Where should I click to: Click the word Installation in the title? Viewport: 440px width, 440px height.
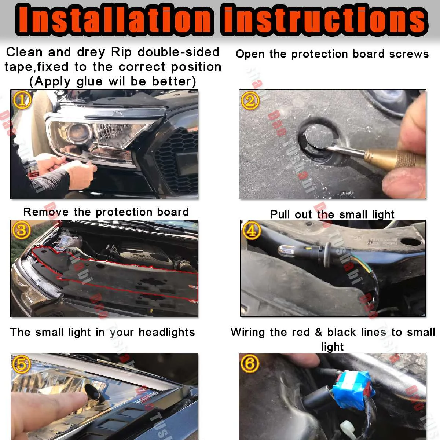[x=114, y=19]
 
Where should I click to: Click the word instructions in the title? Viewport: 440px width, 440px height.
[x=324, y=19]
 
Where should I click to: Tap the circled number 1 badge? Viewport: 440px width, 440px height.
[x=22, y=100]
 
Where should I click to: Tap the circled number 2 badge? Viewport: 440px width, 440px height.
[x=250, y=100]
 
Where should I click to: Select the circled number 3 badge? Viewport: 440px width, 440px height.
[x=22, y=230]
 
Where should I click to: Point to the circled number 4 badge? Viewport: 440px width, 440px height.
[x=252, y=231]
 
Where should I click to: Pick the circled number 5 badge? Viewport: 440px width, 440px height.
[x=22, y=364]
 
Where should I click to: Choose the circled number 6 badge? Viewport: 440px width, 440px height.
[x=250, y=364]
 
